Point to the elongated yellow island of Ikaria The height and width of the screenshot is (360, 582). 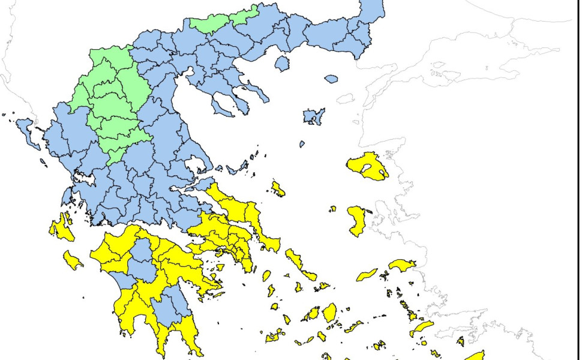point(367,275)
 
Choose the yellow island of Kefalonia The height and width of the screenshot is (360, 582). point(61,227)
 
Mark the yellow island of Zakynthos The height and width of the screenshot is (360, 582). point(73,260)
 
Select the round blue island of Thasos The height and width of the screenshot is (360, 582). point(282,63)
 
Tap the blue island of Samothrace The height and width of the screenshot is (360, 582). point(331,79)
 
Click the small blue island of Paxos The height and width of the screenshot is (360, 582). point(42,161)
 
